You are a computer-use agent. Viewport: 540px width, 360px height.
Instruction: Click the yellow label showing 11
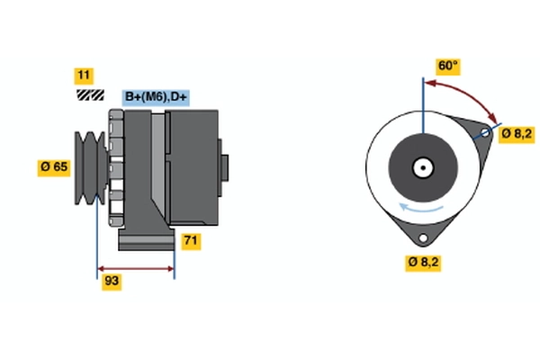pyautogui.click(x=85, y=76)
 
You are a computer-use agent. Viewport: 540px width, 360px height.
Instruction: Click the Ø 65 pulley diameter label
pyautogui.click(x=54, y=166)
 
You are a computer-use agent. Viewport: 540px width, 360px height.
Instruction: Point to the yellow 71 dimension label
pyautogui.click(x=191, y=240)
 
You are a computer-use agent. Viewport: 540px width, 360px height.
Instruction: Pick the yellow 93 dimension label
pyautogui.click(x=112, y=282)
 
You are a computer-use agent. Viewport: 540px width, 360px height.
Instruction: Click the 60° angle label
pyautogui.click(x=447, y=67)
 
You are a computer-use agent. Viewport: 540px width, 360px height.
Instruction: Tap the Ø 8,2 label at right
pyautogui.click(x=518, y=134)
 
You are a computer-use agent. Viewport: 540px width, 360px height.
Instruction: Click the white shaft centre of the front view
pyautogui.click(x=420, y=166)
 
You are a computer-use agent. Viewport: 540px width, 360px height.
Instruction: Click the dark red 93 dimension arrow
pyautogui.click(x=135, y=268)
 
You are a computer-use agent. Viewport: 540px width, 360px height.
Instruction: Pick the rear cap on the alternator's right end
pyautogui.click(x=224, y=167)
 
